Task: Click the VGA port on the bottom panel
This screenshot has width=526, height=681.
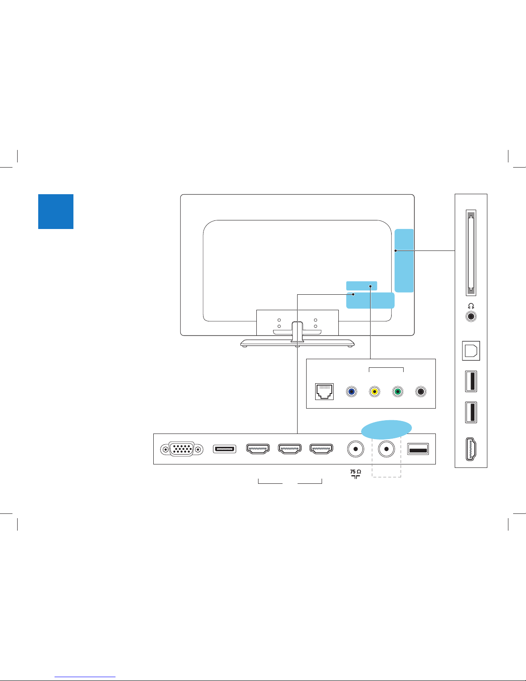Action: (x=182, y=449)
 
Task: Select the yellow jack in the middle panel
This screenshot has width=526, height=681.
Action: (x=374, y=391)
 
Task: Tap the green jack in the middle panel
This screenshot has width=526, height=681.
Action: (x=398, y=391)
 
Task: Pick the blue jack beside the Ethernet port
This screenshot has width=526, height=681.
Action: (x=351, y=391)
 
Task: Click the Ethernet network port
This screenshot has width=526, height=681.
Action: (x=324, y=391)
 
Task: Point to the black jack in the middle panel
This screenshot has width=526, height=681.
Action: (x=421, y=391)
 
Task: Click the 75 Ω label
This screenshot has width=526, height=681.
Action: (x=356, y=472)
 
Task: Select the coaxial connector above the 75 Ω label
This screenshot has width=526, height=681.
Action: (x=356, y=449)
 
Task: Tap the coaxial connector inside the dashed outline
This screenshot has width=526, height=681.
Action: (x=386, y=449)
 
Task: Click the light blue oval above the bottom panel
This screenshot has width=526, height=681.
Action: (x=386, y=430)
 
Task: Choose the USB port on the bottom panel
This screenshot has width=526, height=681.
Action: (x=418, y=449)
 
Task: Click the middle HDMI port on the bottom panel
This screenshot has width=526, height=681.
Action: (x=289, y=449)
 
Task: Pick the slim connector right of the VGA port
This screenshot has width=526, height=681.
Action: (x=225, y=449)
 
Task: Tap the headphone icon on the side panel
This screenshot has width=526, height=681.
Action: (x=471, y=306)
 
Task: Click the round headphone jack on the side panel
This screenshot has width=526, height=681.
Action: (x=471, y=316)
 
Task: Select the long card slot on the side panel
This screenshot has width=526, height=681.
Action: (x=471, y=253)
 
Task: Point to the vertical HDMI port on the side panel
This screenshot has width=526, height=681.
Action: (x=471, y=449)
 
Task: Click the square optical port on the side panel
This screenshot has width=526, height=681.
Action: (x=471, y=351)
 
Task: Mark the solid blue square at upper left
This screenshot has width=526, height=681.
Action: (x=56, y=211)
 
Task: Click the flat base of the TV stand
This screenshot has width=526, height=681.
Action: (x=297, y=343)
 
